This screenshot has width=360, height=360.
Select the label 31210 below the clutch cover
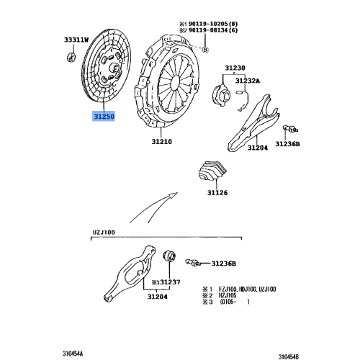coord(162,143)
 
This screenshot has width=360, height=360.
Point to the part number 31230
coord(234,69)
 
